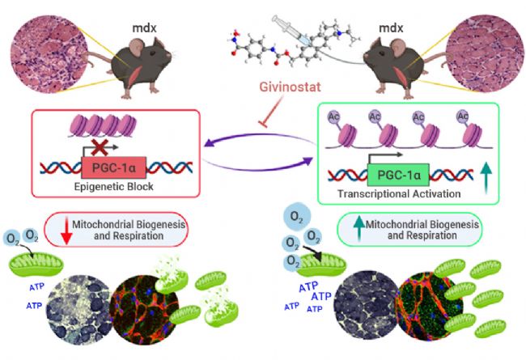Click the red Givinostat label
pos(291,87)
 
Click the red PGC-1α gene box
pos(114,167)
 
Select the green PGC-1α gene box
pos(398,175)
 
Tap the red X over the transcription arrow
pos(100,147)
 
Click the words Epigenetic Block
pos(114,187)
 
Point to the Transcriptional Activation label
pos(399,193)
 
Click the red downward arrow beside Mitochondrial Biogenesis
pos(66,231)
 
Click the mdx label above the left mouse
pos(144,28)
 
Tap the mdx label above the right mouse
pos(391,28)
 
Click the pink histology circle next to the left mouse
pos(49,53)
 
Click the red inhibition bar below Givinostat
pos(264,125)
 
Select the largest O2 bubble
pos(296,217)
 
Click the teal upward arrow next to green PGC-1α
pos(486,177)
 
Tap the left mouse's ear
pos(137,47)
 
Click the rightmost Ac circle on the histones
pos(463,116)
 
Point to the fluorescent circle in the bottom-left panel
pos(144,310)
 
